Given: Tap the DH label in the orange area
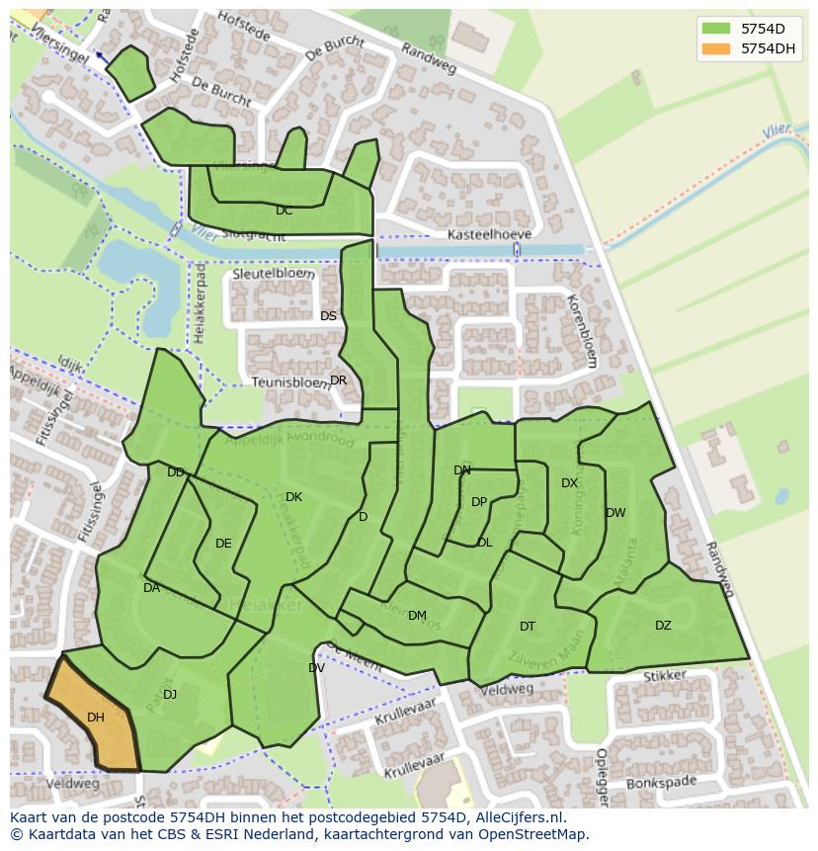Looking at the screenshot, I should click(96, 718).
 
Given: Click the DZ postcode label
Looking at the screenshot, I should click(663, 625).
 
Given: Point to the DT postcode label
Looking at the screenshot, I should click(528, 626).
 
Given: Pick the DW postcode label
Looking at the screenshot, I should click(615, 513).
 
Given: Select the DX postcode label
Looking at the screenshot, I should click(569, 483).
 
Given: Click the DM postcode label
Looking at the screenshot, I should click(417, 616).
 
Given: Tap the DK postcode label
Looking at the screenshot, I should click(293, 497).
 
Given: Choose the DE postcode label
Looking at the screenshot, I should click(223, 544).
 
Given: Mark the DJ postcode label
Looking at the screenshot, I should click(170, 695).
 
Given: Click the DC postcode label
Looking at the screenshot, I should click(285, 211).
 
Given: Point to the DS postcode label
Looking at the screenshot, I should click(329, 316).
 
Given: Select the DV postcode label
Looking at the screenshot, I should click(316, 668).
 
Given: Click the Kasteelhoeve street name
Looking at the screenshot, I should click(489, 234).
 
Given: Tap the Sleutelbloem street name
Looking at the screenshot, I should click(274, 273).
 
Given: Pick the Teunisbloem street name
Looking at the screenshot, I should click(288, 382).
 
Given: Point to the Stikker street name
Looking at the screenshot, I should click(664, 677).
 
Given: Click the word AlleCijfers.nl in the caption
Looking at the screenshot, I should click(517, 817).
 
